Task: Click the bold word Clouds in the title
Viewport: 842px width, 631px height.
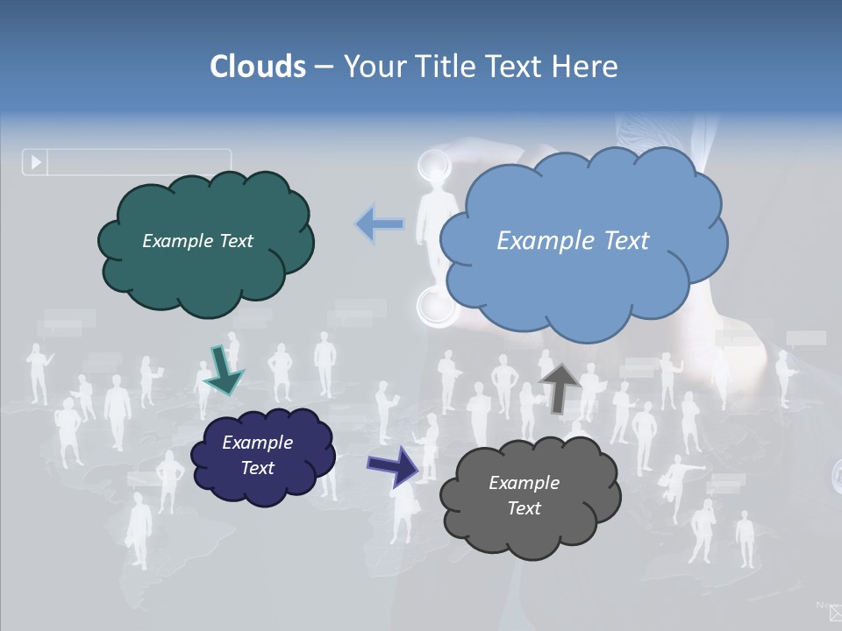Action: (258, 67)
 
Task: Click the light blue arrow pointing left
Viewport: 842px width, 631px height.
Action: (380, 224)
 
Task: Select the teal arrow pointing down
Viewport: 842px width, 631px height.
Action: (223, 370)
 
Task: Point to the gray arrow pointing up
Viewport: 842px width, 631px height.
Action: (560, 386)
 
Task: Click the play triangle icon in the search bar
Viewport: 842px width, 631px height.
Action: (36, 162)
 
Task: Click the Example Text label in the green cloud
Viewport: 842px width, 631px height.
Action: (197, 241)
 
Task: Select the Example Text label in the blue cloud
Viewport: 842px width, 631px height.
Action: (573, 241)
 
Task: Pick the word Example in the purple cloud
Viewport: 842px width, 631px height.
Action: (257, 443)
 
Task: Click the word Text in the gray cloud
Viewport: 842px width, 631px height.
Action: (524, 508)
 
